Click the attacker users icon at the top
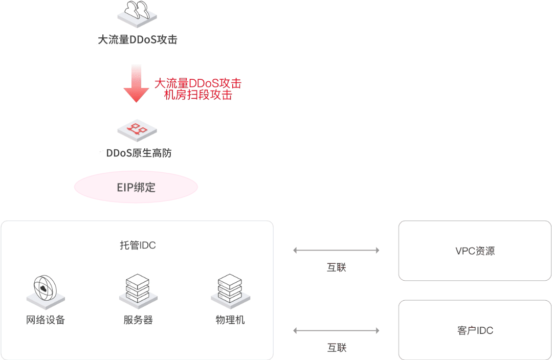pyautogui.click(x=137, y=14)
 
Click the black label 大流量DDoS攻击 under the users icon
pyautogui.click(x=137, y=40)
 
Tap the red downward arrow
pyautogui.click(x=136, y=85)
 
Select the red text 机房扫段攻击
pyautogui.click(x=198, y=95)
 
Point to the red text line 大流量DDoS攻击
pyautogui.click(x=198, y=83)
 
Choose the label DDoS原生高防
pyautogui.click(x=138, y=153)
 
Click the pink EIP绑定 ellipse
pyautogui.click(x=136, y=188)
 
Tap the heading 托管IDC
pyautogui.click(x=137, y=245)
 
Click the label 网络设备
pyautogui.click(x=46, y=320)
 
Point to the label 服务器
pyautogui.click(x=138, y=320)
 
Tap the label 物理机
pyautogui.click(x=230, y=320)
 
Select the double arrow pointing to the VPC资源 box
pyautogui.click(x=336, y=250)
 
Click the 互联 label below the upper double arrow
pyautogui.click(x=336, y=267)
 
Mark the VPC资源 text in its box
pyautogui.click(x=475, y=251)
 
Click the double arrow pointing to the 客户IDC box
pyautogui.click(x=336, y=331)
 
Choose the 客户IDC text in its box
pyautogui.click(x=475, y=330)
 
